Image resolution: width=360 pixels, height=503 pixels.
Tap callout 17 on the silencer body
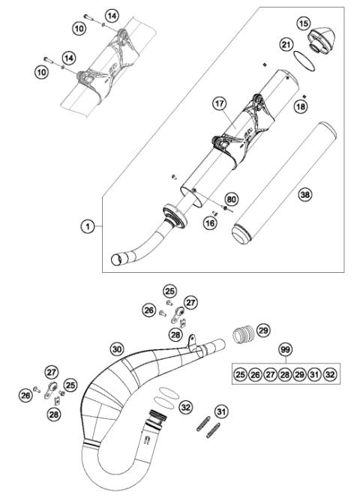(220, 106)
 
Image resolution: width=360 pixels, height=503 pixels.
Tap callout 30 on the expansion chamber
(116, 349)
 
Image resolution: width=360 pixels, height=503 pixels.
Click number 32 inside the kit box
(331, 374)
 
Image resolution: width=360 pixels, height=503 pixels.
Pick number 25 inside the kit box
(240, 374)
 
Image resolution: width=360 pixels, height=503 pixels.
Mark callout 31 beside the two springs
(221, 411)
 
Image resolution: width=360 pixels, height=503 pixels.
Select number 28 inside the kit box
(285, 374)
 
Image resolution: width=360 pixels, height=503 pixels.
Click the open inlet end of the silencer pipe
(117, 259)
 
